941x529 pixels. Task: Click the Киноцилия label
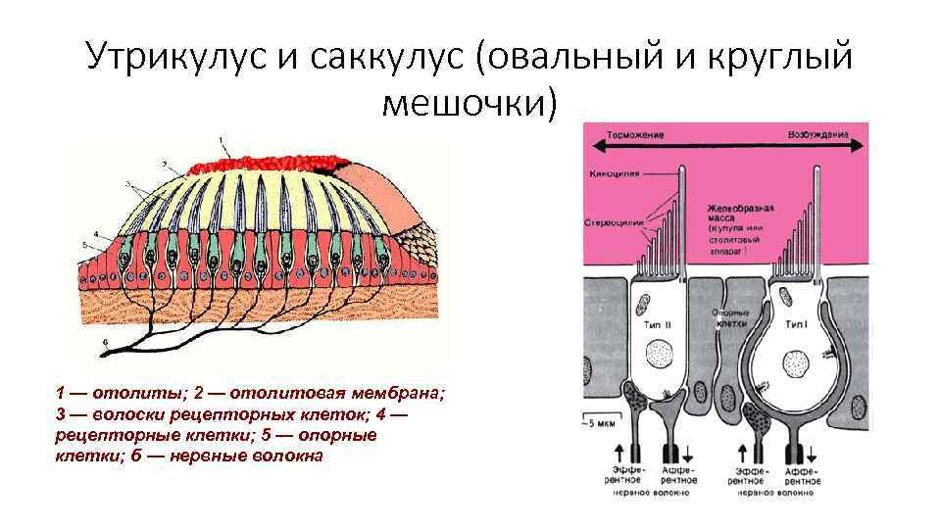tap(616, 173)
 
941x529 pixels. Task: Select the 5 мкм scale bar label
tap(604, 423)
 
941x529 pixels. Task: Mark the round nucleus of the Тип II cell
tap(661, 350)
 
